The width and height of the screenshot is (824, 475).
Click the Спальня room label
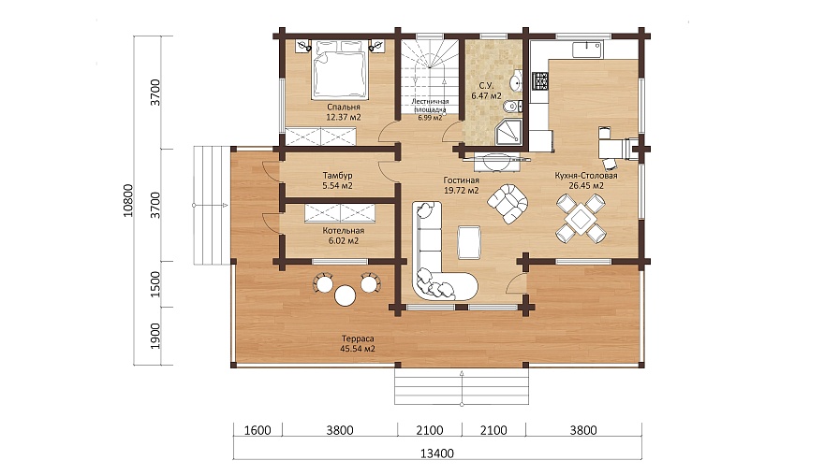[343, 108]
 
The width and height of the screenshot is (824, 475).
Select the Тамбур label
[337, 175]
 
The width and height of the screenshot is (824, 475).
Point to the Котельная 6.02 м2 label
[343, 236]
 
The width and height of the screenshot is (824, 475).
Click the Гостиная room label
[461, 180]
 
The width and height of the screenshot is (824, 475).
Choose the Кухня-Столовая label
[586, 175]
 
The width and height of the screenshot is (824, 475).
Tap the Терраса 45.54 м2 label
[358, 343]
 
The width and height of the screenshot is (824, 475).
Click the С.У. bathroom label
[486, 85]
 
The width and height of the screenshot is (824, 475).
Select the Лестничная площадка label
[430, 106]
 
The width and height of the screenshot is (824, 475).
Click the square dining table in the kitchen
[581, 218]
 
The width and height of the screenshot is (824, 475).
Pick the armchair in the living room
[508, 203]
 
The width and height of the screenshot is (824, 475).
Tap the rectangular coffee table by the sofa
[468, 242]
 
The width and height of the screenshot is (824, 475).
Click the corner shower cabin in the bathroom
[508, 131]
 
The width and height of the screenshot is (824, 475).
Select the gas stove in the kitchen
[540, 80]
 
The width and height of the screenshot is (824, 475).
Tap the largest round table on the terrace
[345, 296]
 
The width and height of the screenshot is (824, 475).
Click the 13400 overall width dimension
[437, 453]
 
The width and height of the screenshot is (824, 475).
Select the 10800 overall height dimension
[128, 200]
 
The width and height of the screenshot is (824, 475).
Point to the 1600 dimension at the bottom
[257, 430]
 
